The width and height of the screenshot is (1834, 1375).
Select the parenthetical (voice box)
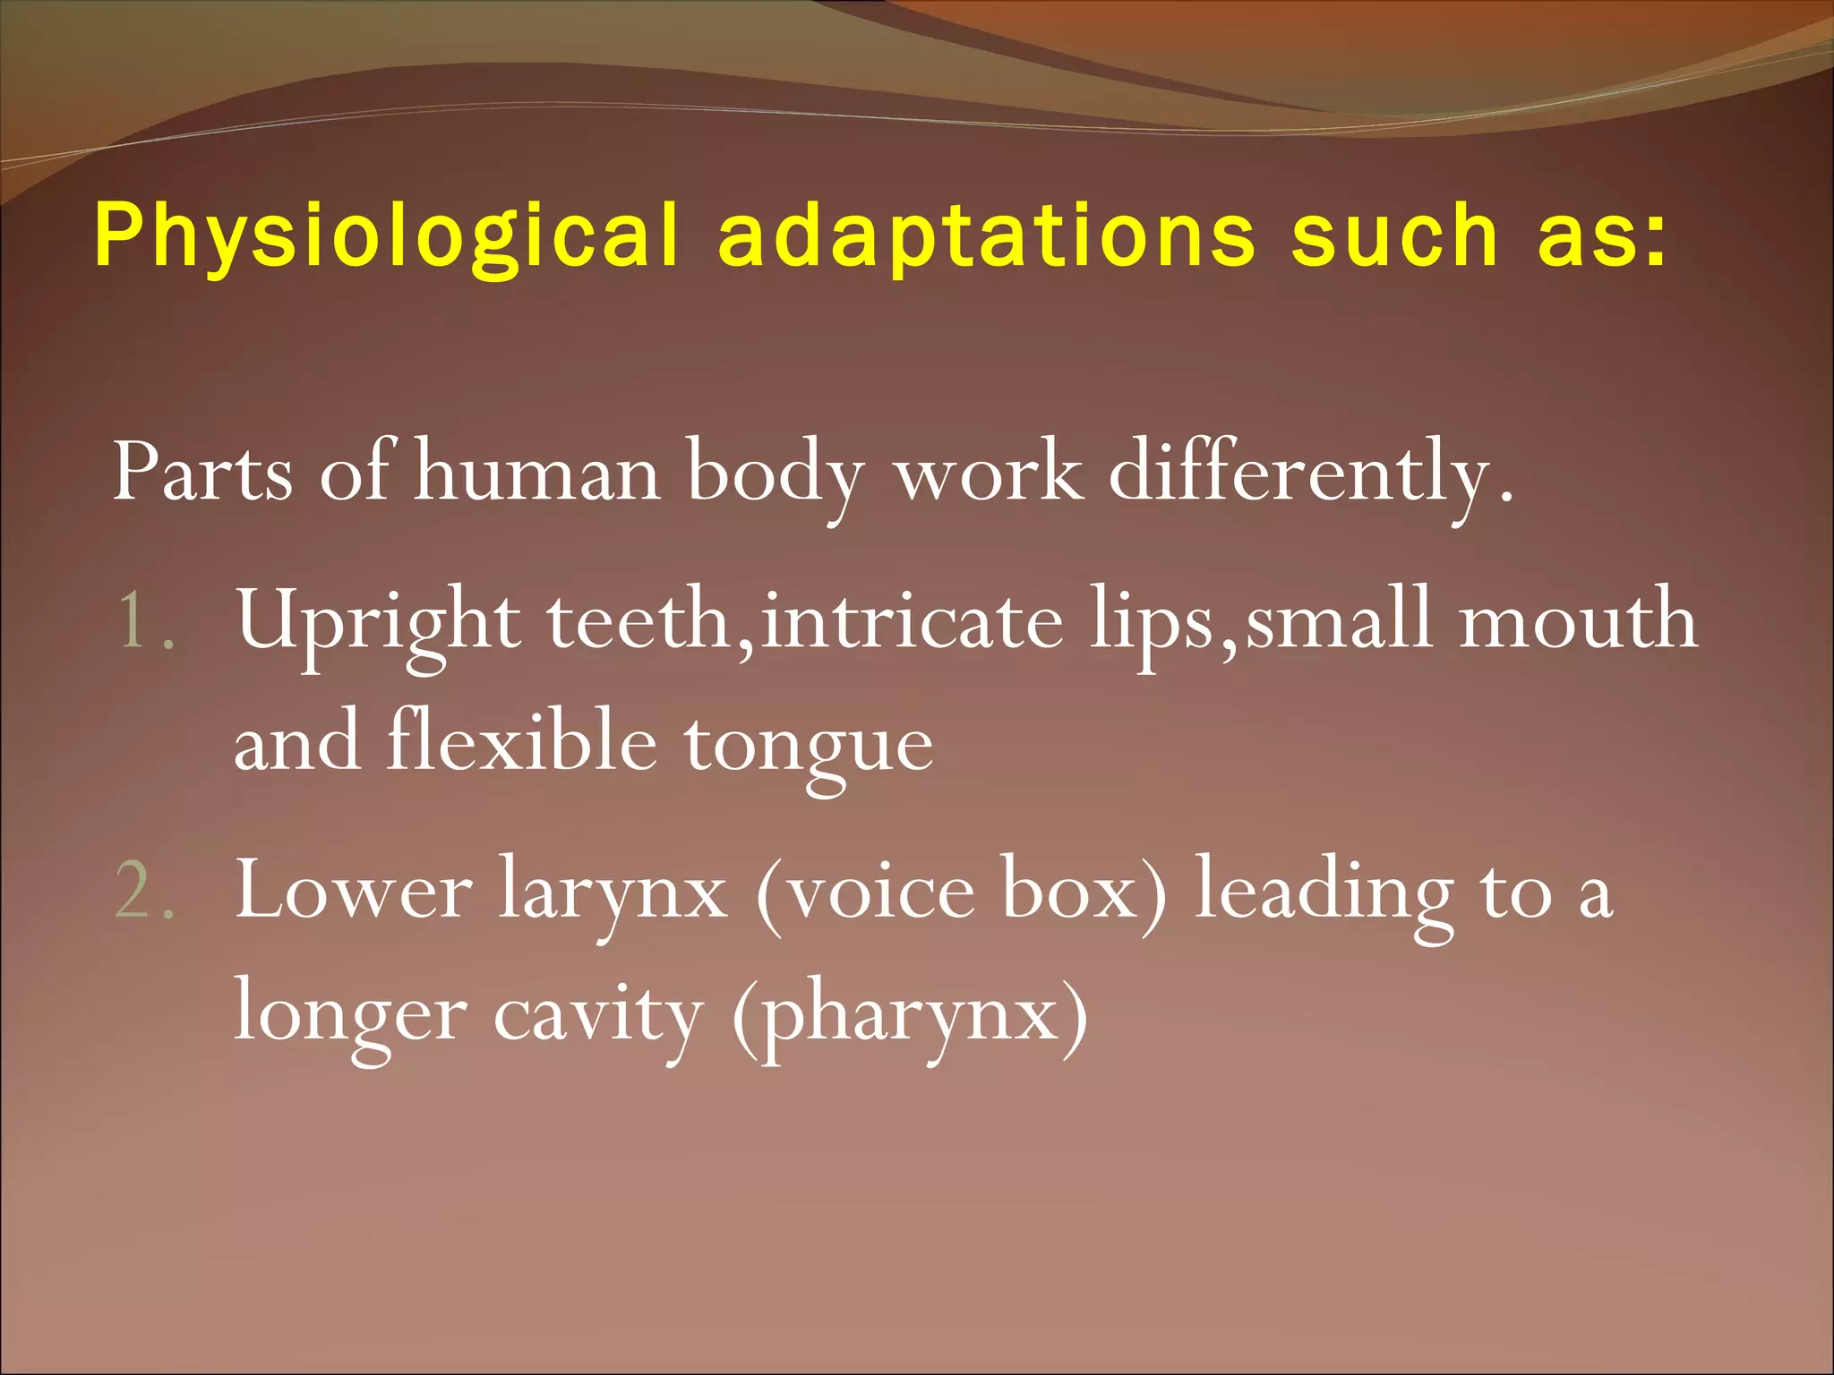pos(962,892)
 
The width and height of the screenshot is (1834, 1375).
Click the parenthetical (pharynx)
pos(910,1016)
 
